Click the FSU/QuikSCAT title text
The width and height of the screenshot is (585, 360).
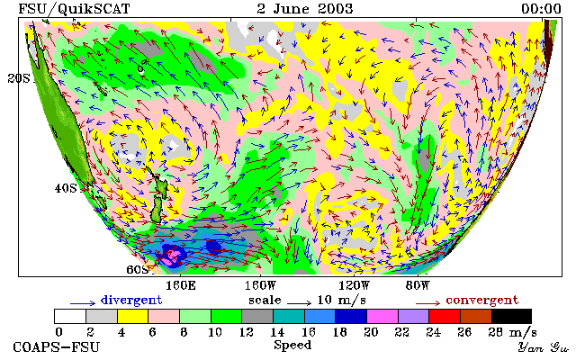74,9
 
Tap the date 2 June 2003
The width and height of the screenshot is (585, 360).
305,9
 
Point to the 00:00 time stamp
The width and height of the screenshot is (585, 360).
541,9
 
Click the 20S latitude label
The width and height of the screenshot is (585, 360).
19,78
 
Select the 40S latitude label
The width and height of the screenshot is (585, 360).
66,188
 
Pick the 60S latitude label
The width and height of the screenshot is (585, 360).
138,269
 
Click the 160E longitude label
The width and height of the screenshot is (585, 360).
181,286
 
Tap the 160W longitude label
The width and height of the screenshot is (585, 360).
260,286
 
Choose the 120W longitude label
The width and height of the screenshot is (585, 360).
354,286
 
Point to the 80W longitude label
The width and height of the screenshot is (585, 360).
418,286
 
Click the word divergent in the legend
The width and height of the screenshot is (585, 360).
131,301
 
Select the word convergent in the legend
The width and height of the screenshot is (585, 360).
482,301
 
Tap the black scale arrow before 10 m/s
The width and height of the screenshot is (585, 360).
299,303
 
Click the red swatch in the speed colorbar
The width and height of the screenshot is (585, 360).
445,316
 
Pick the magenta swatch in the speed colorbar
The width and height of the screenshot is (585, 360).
382,316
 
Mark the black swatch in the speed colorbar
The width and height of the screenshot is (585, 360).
511,316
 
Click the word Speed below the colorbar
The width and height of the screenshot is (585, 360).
292,345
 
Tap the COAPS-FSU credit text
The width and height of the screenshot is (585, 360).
57,346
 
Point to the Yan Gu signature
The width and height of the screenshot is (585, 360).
544,347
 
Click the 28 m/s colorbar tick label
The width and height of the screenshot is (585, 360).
512,332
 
